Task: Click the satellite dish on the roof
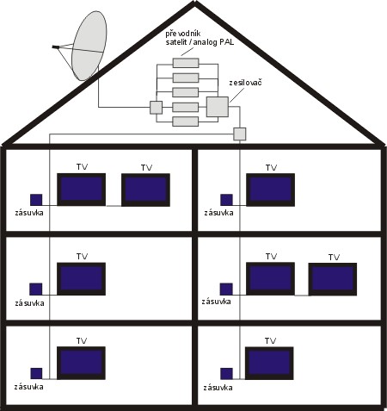tap(89, 46)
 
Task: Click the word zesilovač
tap(245, 83)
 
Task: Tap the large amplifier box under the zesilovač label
tap(218, 107)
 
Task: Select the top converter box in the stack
tap(186, 63)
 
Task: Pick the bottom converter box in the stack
tap(186, 121)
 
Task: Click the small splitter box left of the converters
tap(156, 108)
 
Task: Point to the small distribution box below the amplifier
tap(240, 134)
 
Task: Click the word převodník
tap(183, 34)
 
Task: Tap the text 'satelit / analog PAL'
tap(200, 42)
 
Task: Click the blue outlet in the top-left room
tap(36, 200)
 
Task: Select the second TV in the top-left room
tap(145, 190)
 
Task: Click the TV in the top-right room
tap(270, 190)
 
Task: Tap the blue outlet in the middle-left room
tap(36, 289)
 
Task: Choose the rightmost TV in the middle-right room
tap(333, 279)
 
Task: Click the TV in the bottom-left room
tap(81, 363)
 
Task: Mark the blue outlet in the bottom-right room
tap(226, 374)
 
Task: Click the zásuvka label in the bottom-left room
tap(28, 387)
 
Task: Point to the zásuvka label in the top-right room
tap(218, 213)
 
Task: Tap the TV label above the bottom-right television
tap(270, 341)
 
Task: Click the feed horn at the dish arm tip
tap(55, 47)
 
